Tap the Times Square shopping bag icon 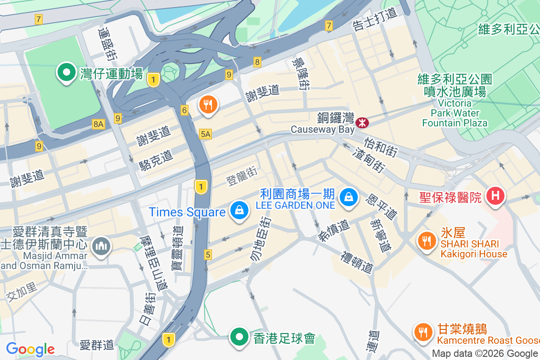(x=239, y=210)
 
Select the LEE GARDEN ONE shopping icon (x=348, y=197)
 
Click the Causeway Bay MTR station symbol (x=362, y=122)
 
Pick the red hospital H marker (x=495, y=196)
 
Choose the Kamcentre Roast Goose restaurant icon (x=422, y=332)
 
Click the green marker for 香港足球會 (x=239, y=337)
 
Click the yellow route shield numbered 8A (x=98, y=124)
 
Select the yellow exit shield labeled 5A (x=206, y=134)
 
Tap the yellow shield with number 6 (x=184, y=110)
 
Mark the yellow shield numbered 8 (x=257, y=62)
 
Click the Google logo (x=30, y=349)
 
